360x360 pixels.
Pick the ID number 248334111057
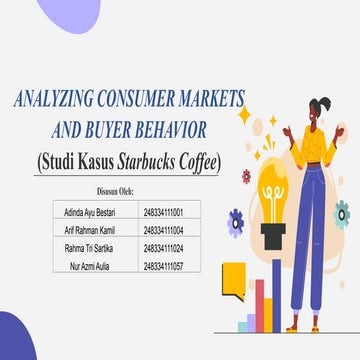(x=161, y=267)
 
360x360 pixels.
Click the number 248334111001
(x=161, y=213)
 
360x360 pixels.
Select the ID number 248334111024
(x=161, y=249)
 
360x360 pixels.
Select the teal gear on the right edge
(x=342, y=212)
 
